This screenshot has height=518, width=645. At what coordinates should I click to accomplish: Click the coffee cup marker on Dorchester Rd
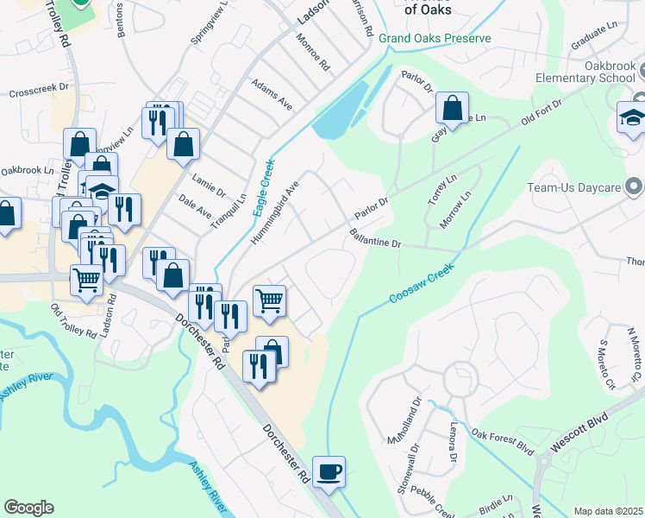[329, 472]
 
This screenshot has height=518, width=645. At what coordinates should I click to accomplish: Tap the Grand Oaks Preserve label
[435, 38]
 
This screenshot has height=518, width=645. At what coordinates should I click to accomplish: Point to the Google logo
[28, 507]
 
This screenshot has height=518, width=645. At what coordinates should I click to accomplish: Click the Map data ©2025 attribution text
[608, 511]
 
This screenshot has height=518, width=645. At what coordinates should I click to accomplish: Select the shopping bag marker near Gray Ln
[452, 109]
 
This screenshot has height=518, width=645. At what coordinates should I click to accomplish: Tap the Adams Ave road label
[272, 95]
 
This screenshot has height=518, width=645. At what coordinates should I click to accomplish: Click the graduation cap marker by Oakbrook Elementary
[634, 119]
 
